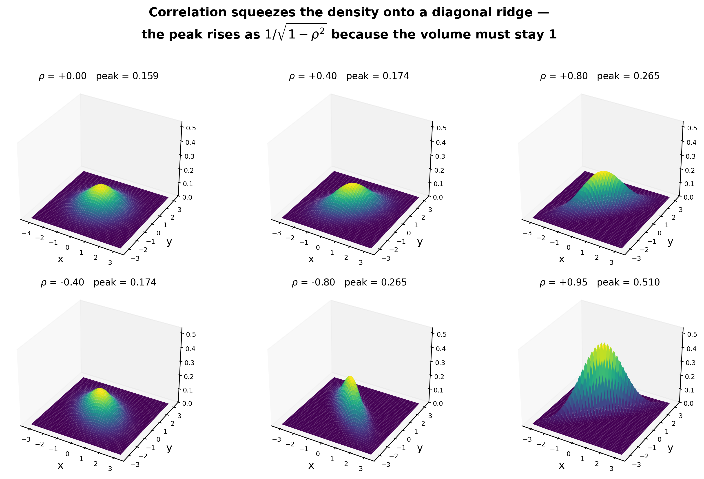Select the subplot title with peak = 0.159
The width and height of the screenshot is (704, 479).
coord(98,76)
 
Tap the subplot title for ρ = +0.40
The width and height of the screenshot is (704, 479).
coord(349,76)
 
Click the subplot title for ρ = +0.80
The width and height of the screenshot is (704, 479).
coord(600,76)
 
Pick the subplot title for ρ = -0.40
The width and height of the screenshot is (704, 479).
coord(98,283)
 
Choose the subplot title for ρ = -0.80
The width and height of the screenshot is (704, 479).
coord(349,283)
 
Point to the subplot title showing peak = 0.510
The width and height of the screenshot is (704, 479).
coord(600,283)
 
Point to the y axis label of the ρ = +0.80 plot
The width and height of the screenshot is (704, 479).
coord(670,242)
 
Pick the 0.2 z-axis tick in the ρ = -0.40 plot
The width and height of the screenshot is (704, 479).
coord(189,377)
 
